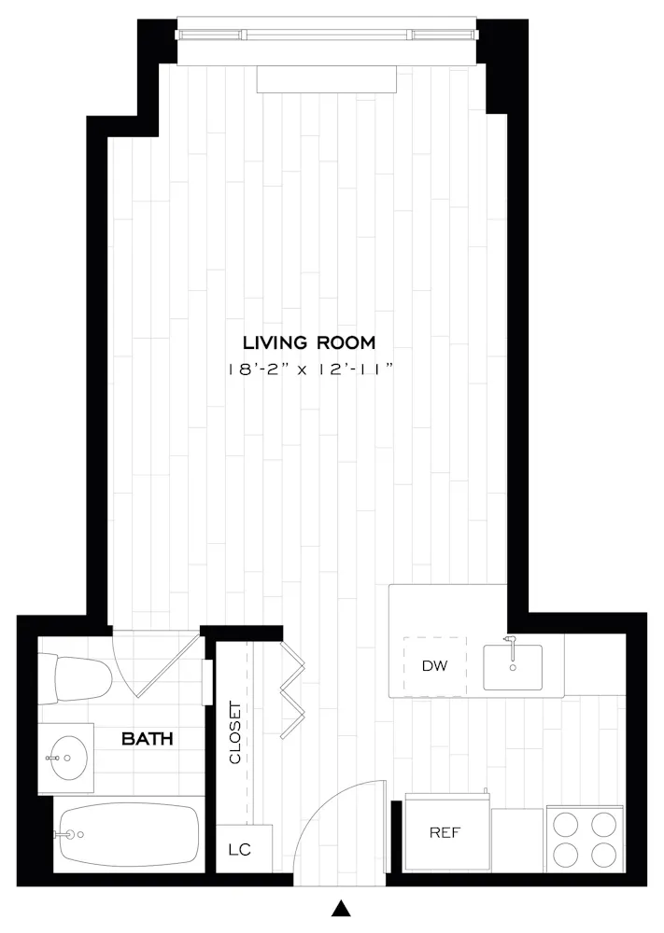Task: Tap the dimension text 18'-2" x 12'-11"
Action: [309, 369]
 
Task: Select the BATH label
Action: [148, 739]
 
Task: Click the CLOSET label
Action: [234, 732]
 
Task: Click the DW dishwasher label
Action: [434, 666]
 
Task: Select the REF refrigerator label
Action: [445, 832]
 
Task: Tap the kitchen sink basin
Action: [513, 668]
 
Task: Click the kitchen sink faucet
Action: [510, 645]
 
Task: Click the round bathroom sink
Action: [68, 757]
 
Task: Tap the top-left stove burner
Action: [567, 824]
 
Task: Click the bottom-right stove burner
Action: [603, 854]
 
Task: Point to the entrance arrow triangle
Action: [343, 907]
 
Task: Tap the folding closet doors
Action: [292, 681]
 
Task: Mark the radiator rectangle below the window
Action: [327, 80]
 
